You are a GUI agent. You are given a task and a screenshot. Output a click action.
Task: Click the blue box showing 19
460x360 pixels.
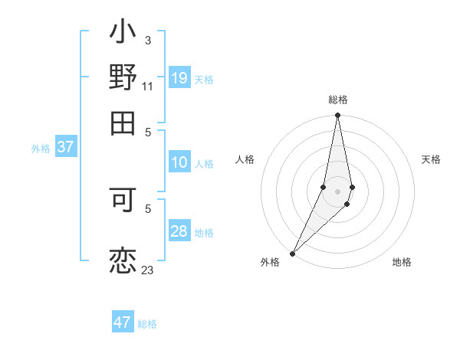179,78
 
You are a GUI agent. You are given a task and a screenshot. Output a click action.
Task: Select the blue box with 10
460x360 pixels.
179,162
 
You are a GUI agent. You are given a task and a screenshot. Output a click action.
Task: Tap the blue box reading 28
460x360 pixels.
179,231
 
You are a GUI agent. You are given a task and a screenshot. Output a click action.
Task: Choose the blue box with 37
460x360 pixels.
65,148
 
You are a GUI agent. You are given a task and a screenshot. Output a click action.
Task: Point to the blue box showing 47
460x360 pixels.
123,322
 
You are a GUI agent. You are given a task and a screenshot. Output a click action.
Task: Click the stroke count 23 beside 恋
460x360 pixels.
147,270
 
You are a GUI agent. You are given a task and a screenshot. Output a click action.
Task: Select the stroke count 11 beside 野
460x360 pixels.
147,87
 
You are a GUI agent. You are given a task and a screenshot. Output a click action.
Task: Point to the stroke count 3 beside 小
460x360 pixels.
147,40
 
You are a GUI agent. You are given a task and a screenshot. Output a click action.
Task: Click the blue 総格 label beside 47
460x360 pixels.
147,324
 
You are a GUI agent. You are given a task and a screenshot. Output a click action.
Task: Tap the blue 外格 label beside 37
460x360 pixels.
40,149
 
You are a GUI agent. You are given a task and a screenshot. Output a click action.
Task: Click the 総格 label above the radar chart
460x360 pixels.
337,100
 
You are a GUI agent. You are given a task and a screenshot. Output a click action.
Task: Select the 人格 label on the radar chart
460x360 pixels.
245,159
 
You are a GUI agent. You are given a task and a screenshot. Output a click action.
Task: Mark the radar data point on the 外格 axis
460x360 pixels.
293,253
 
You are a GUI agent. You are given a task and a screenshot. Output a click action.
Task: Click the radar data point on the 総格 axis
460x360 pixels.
337,116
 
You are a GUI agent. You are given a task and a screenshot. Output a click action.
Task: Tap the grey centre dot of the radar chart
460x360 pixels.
337,191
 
